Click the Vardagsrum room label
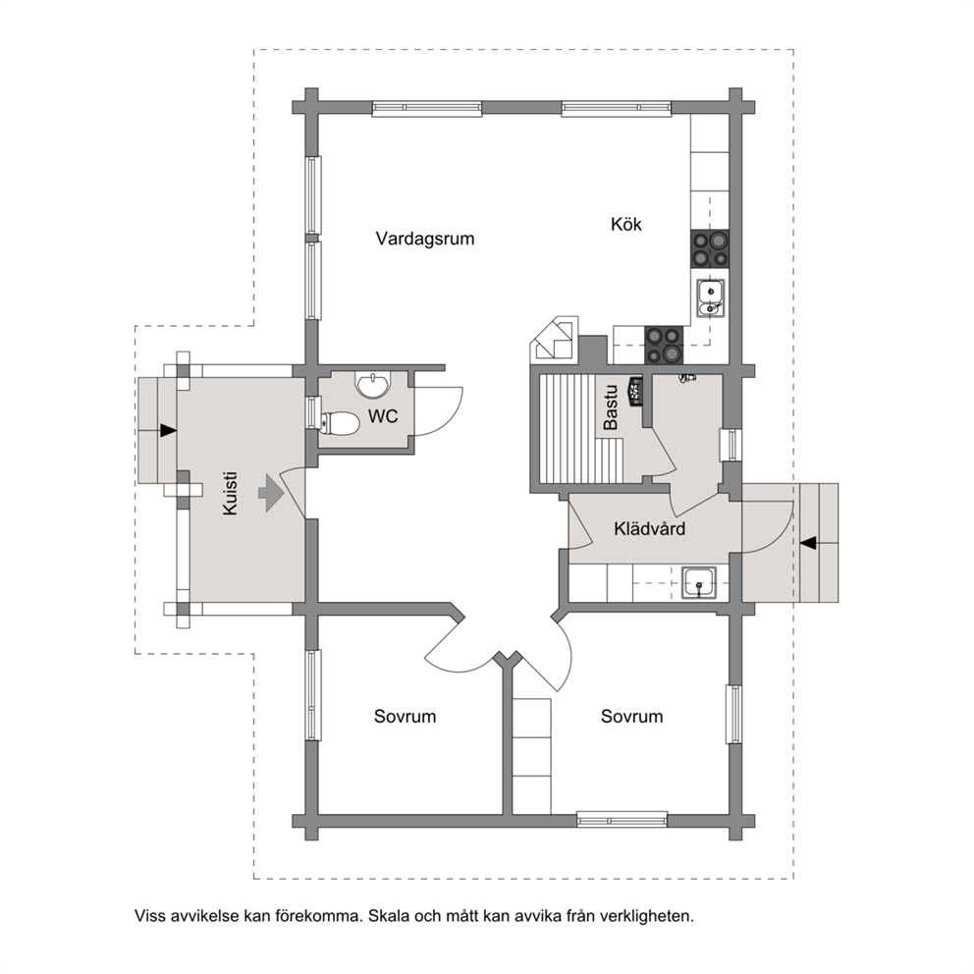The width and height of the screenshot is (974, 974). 425,240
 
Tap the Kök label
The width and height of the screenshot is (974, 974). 626,224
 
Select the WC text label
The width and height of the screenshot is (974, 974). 383,416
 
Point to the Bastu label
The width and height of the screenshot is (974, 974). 611,406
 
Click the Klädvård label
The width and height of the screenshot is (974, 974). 650,528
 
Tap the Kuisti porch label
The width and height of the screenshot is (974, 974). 230,494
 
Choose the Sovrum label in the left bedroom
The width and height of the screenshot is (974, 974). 405,716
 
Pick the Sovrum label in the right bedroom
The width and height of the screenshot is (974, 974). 631,716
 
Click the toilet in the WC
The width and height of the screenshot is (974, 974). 339,423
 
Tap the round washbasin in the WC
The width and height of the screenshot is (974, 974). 373,385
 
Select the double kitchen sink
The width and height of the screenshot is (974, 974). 709,298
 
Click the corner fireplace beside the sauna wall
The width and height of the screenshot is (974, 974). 554,339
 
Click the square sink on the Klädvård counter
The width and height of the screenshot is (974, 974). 699,583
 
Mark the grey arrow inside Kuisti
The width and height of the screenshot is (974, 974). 271,493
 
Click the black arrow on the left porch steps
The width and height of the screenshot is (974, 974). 168,430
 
